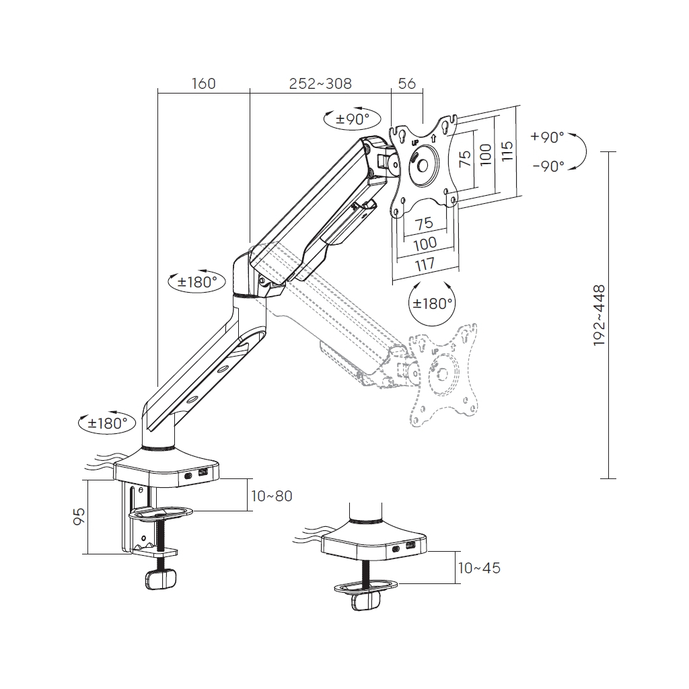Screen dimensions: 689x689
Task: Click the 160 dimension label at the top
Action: (203, 83)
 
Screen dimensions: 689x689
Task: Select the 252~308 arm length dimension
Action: (320, 83)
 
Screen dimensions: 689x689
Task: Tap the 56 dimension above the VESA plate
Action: (407, 83)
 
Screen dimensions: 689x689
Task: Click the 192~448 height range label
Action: (599, 316)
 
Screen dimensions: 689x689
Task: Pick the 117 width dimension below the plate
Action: (424, 264)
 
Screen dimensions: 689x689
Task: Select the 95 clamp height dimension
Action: (79, 516)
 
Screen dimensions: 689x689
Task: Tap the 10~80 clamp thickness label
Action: (271, 496)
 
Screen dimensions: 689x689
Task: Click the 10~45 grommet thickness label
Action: (478, 568)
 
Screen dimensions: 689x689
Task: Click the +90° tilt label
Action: (547, 137)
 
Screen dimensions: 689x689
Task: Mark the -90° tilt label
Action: (547, 166)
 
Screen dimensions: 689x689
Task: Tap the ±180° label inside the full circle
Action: (431, 303)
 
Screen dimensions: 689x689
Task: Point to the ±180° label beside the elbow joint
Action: (196, 282)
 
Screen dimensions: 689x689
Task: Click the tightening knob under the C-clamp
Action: (161, 579)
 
